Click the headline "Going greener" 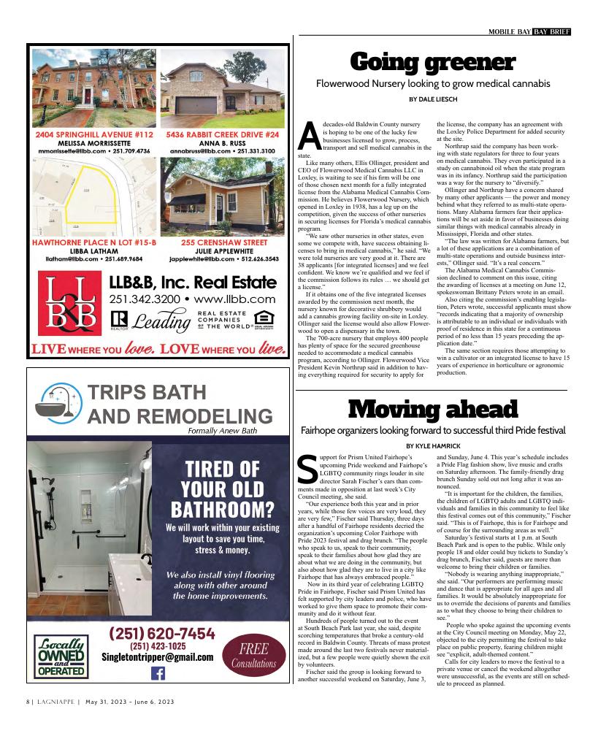click(433, 63)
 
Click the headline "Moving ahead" click(433, 409)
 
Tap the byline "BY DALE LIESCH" click(433, 99)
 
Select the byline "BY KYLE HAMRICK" click(433, 445)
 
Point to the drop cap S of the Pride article click(308, 469)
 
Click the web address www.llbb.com click(236, 299)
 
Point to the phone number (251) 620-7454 click(161, 633)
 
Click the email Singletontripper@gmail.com click(157, 657)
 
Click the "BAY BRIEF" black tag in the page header click(551, 31)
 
